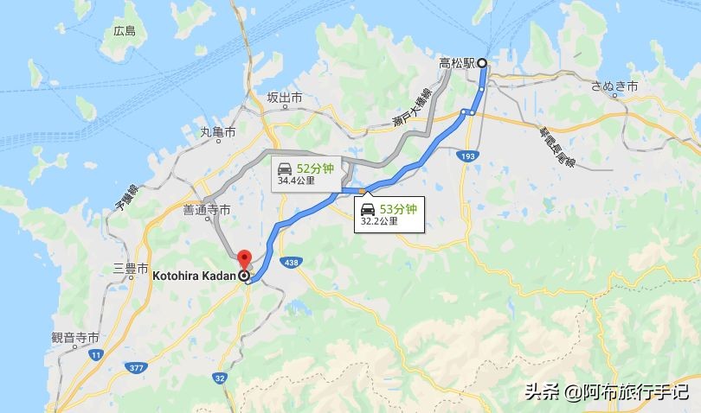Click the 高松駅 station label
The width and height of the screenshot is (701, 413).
click(x=456, y=62)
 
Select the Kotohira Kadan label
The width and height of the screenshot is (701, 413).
click(x=196, y=276)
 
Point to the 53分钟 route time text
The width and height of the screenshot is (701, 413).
click(x=400, y=208)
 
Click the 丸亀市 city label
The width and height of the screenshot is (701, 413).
click(x=218, y=131)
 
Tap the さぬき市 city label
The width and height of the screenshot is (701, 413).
click(x=614, y=87)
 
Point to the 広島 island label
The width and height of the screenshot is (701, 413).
click(x=125, y=31)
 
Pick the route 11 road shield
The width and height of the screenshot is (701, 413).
click(x=95, y=355)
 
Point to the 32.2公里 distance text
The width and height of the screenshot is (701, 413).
click(x=379, y=221)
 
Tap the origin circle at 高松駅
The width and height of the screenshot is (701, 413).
click(x=482, y=62)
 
